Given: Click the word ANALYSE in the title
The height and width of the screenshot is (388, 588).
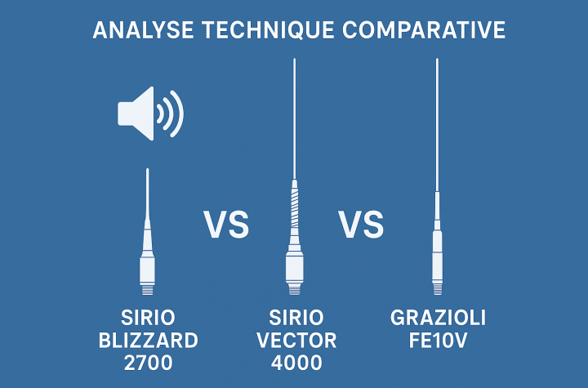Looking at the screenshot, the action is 143,30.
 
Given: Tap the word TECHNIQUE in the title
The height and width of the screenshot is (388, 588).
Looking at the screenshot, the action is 268,30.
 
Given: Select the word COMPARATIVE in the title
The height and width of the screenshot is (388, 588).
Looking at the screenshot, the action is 424,30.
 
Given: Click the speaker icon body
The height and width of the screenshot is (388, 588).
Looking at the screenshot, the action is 136,114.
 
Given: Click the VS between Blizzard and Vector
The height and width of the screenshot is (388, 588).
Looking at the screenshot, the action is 226,225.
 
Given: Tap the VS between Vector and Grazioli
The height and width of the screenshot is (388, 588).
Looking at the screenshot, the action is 361,225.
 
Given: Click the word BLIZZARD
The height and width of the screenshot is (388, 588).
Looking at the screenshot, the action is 148,341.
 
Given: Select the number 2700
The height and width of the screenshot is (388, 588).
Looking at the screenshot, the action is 148,363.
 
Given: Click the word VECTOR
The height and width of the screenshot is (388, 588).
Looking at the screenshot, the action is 296,341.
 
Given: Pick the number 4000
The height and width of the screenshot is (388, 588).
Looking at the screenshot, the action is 296,363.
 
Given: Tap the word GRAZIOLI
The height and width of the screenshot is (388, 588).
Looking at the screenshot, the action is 438,318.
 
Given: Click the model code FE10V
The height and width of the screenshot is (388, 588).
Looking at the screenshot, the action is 438,341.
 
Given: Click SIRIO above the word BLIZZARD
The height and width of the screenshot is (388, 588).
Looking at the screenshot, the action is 148,318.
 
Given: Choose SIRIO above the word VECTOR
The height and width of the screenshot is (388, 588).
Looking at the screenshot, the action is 296,318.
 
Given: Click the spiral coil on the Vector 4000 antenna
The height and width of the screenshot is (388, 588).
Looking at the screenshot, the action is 295,204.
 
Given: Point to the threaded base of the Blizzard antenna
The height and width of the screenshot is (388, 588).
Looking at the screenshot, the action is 147,290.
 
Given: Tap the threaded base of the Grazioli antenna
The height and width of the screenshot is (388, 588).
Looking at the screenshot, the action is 437,289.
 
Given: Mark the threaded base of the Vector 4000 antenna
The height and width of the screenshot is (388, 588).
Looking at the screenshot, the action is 294,289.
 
